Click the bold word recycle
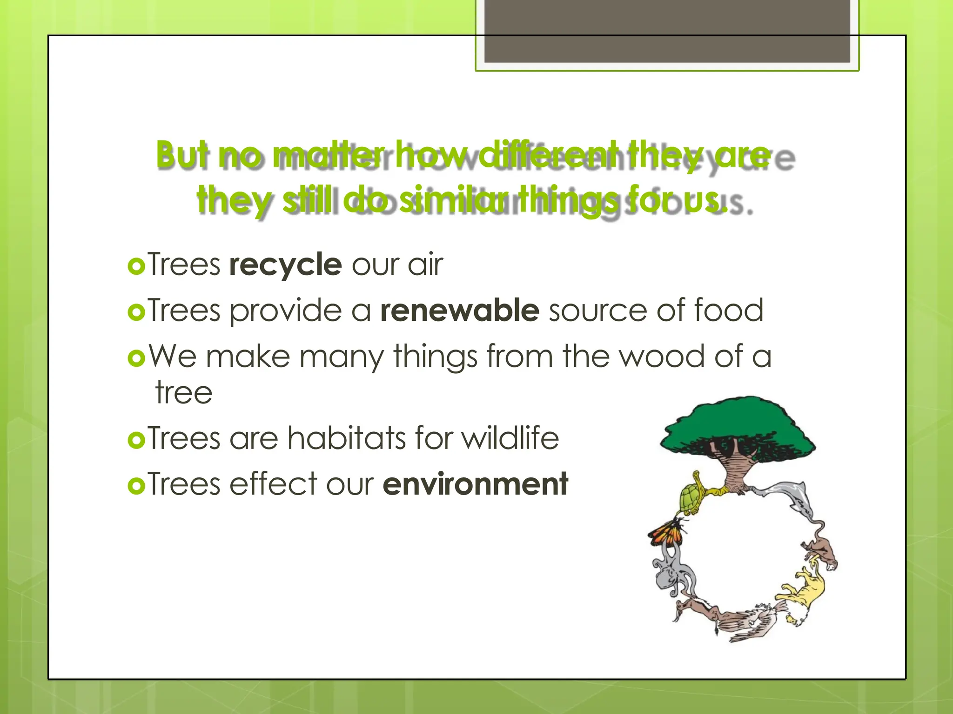(x=285, y=264)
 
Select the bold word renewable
(x=459, y=310)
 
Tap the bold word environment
(x=475, y=484)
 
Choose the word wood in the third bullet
(x=662, y=356)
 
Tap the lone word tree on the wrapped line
(x=184, y=393)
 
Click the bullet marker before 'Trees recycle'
(x=136, y=266)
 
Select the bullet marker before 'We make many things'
(x=136, y=357)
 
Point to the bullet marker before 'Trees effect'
(x=136, y=486)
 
